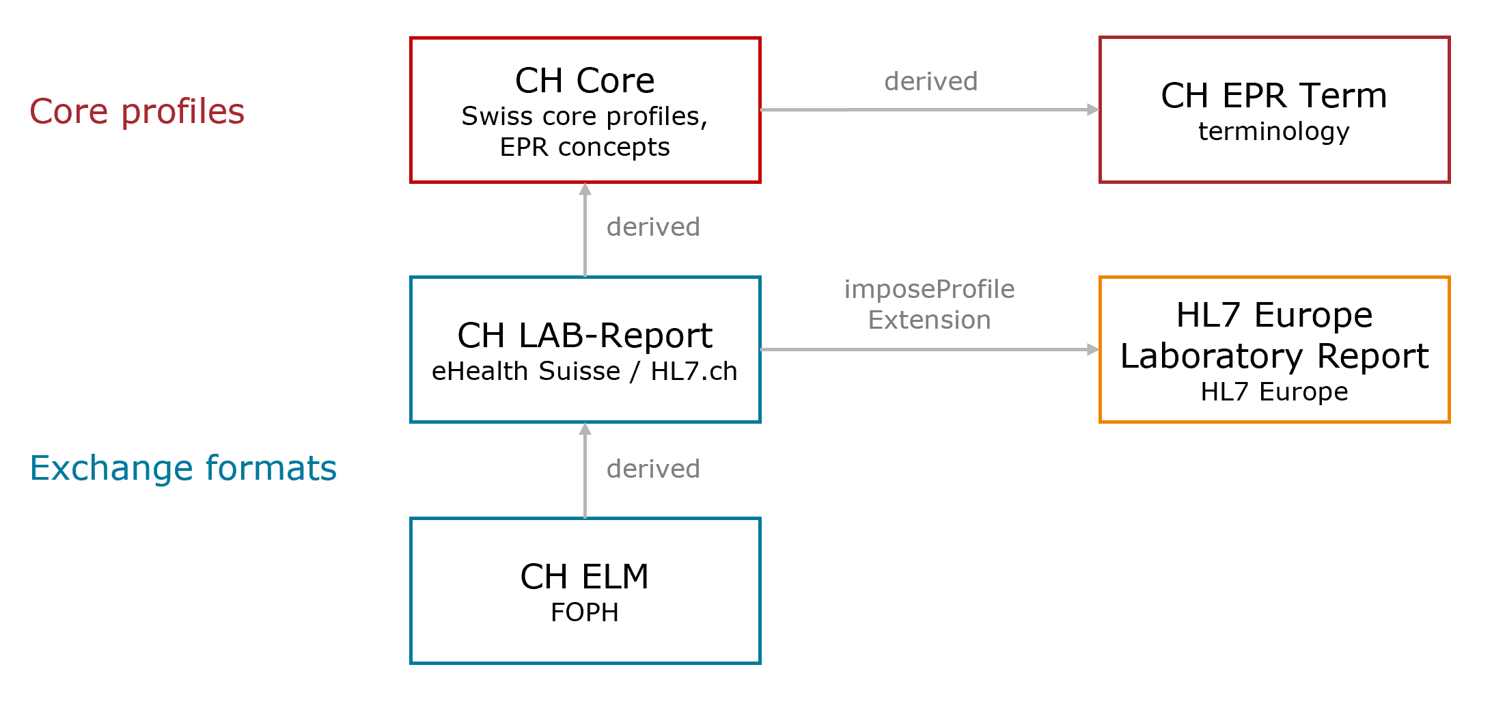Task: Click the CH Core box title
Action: click(585, 81)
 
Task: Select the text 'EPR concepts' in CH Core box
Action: click(585, 148)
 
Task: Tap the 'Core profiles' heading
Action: click(137, 111)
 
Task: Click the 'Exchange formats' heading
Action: click(183, 468)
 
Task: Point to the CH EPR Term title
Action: click(1274, 96)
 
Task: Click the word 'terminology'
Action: click(1274, 131)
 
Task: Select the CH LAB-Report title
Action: click(585, 336)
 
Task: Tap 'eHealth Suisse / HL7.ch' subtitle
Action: click(585, 372)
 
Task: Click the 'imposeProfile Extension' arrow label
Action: click(929, 304)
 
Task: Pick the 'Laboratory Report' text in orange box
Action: click(1274, 356)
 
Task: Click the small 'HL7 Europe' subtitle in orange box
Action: click(1274, 392)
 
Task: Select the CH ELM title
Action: click(585, 577)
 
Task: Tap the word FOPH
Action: click(585, 612)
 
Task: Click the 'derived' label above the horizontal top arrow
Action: click(930, 81)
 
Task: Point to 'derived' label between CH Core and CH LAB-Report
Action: click(653, 227)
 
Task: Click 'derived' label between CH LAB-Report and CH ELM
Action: click(653, 469)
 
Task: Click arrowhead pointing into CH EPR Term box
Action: click(1093, 109)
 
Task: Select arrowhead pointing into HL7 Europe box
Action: click(1093, 349)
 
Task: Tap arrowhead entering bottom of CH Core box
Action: click(585, 189)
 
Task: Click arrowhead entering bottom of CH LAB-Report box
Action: click(585, 429)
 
